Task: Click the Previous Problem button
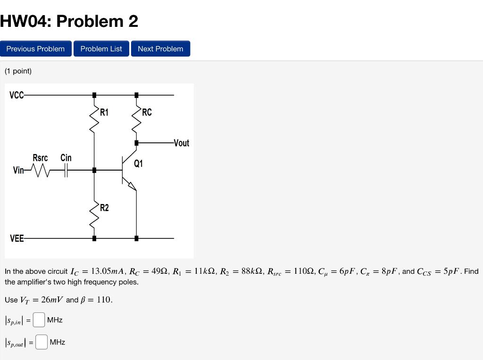tap(35, 49)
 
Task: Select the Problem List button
tap(101, 49)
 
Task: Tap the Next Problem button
tap(160, 49)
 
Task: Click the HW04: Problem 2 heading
tap(69, 21)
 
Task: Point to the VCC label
tap(16, 95)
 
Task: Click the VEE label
tap(17, 238)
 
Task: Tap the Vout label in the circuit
tap(182, 143)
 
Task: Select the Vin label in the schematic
tap(18, 170)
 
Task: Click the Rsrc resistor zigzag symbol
tap(40, 170)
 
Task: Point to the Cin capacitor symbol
tap(66, 170)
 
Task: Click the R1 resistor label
tap(104, 112)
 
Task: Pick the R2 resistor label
tap(104, 208)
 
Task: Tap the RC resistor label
tap(147, 112)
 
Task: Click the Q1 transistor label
tap(138, 164)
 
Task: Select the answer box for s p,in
tap(39, 320)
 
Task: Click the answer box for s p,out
tap(42, 342)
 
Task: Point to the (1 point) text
tap(18, 71)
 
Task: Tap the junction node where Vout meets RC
tap(136, 143)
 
